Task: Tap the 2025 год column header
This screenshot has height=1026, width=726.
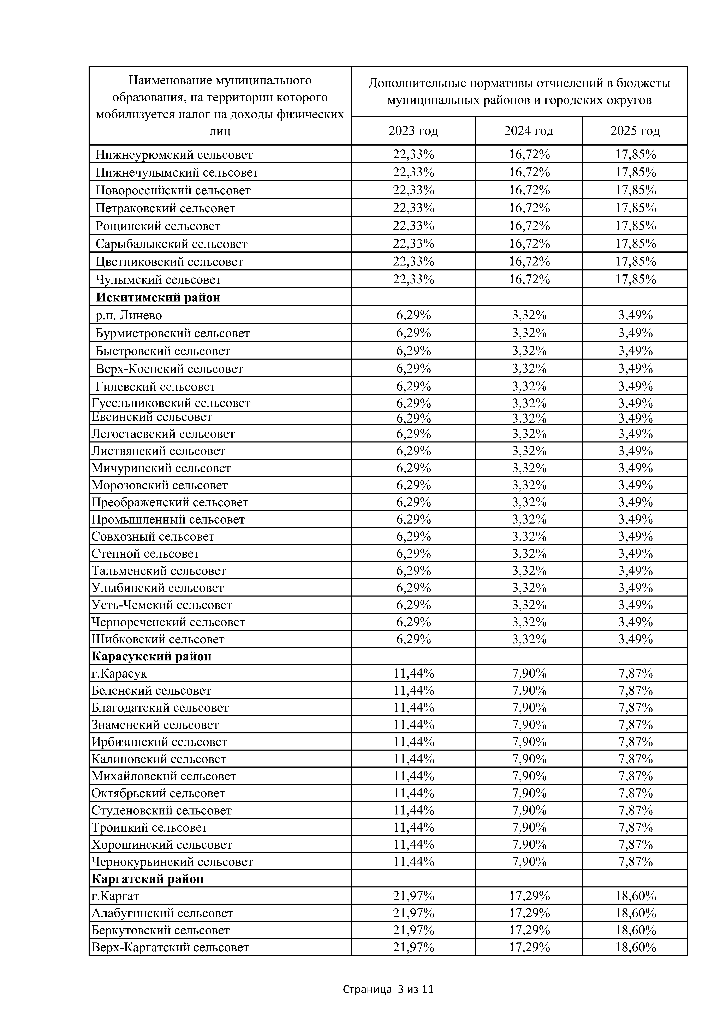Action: [635, 131]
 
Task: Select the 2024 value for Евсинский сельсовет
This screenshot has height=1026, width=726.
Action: [529, 418]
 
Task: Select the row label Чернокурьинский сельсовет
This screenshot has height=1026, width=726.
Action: [172, 862]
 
